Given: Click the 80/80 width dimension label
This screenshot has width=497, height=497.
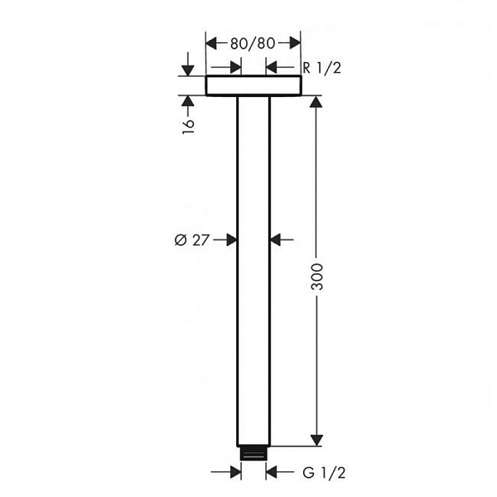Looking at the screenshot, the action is click(253, 43).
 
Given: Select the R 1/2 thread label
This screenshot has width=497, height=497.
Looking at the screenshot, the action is click(321, 68).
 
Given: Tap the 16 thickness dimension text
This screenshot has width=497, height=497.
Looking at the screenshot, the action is click(188, 127).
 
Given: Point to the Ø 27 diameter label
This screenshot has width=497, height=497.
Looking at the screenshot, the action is click(192, 240).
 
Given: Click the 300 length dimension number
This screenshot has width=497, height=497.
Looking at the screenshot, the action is click(316, 277).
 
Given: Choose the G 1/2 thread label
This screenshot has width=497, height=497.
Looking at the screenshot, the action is click(324, 473).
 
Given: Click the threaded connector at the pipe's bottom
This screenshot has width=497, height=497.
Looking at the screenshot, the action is click(253, 453).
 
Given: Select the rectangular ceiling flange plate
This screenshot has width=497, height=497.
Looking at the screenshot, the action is click(253, 85).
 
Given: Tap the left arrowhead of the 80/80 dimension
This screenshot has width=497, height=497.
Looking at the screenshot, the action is click(211, 43).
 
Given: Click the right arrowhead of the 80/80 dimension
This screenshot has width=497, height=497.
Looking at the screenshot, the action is click(295, 43).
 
